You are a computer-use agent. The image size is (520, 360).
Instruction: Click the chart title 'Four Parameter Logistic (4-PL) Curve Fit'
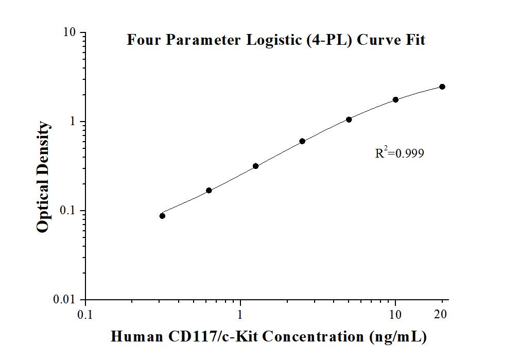point(276,40)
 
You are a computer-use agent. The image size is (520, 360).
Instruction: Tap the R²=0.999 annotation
point(400,152)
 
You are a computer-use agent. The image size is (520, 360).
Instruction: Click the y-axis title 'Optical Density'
point(44,177)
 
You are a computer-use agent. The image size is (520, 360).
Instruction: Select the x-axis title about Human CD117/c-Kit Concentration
point(269,337)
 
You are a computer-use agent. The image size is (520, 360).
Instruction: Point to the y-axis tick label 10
point(70,32)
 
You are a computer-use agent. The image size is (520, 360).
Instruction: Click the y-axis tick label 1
point(73,122)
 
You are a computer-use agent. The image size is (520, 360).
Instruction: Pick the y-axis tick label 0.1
point(68,211)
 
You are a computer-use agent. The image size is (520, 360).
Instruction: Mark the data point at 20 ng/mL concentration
point(442,87)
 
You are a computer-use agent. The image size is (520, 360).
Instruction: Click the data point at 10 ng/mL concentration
point(395,99)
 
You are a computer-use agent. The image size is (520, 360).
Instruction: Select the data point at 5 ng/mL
point(349,119)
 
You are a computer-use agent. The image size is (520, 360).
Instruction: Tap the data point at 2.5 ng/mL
point(302,141)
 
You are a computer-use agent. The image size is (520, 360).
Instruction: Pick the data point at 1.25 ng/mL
point(255,166)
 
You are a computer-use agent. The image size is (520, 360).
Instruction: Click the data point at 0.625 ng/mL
point(209,191)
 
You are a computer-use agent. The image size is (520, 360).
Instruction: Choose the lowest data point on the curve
point(162,216)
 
